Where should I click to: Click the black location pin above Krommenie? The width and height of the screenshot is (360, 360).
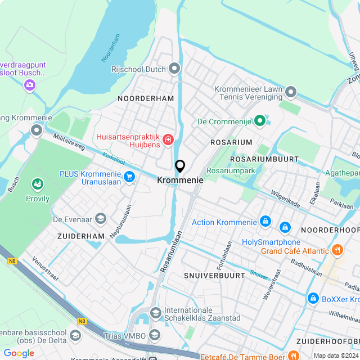pyautogui.click(x=180, y=166)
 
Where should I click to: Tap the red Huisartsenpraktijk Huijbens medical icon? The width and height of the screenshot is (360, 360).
pyautogui.click(x=168, y=139)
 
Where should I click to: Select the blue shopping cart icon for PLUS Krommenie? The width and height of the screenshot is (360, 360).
pyautogui.click(x=130, y=177)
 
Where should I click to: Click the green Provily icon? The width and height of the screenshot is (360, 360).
pyautogui.click(x=38, y=184)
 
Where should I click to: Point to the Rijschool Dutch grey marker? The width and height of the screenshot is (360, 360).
pyautogui.click(x=174, y=69)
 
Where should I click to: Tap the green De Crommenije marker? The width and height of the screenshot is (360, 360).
pyautogui.click(x=259, y=120)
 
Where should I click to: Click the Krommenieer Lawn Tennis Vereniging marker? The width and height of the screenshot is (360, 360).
pyautogui.click(x=290, y=91)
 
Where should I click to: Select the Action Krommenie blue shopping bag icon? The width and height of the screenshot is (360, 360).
pyautogui.click(x=265, y=222)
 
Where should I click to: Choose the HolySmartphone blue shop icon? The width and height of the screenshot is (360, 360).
pyautogui.click(x=285, y=227)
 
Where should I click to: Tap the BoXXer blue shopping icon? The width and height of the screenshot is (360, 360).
pyautogui.click(x=313, y=299)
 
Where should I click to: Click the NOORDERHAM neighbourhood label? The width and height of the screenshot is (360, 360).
pyautogui.click(x=146, y=98)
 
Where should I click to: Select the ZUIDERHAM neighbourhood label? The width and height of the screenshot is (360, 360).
pyautogui.click(x=81, y=236)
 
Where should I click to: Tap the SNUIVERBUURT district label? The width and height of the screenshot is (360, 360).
pyautogui.click(x=214, y=275)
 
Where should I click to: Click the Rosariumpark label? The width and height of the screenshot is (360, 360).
pyautogui.click(x=231, y=170)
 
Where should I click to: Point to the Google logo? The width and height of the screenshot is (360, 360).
pyautogui.click(x=19, y=353)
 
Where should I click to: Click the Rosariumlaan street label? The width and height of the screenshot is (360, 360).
pyautogui.click(x=172, y=251)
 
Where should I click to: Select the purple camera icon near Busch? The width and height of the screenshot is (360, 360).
pyautogui.click(x=29, y=85)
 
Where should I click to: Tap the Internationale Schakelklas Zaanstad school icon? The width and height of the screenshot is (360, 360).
pyautogui.click(x=156, y=312)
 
